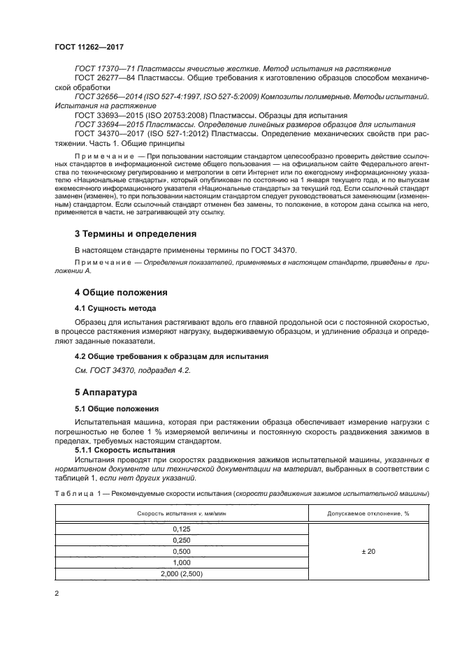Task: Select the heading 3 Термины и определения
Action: tap(136, 233)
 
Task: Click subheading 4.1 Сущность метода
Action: tap(115, 307)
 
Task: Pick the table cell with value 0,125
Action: tap(181, 530)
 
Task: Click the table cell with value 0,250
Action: tap(181, 541)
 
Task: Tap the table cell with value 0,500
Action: tap(181, 551)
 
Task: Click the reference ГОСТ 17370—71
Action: tap(103, 68)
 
